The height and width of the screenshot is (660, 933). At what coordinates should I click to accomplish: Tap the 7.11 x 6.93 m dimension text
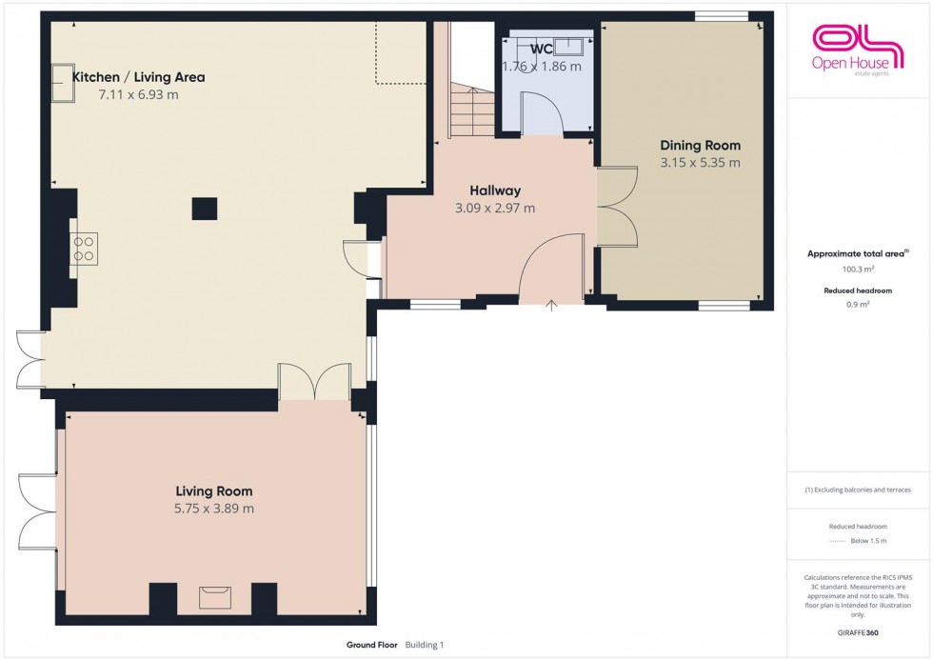click(139, 94)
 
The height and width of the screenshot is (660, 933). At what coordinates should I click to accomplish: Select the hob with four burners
click(84, 248)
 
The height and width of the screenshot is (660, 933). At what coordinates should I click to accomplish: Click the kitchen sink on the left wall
click(63, 82)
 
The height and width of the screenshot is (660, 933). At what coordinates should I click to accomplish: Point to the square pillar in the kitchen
click(204, 208)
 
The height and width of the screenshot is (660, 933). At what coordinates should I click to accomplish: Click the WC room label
click(542, 49)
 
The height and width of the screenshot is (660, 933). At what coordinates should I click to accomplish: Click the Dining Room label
click(700, 146)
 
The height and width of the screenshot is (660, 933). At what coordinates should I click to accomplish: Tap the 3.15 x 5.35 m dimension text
click(700, 163)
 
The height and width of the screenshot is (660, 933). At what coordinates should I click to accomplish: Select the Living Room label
click(214, 491)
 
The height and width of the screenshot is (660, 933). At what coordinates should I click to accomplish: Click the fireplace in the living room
click(213, 597)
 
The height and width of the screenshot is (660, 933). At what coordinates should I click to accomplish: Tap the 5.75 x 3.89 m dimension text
click(214, 509)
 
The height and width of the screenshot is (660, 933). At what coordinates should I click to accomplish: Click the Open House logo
click(857, 49)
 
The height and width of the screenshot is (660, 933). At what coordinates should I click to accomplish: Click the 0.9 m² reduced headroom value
click(857, 304)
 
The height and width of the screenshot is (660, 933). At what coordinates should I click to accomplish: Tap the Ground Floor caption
click(371, 645)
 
